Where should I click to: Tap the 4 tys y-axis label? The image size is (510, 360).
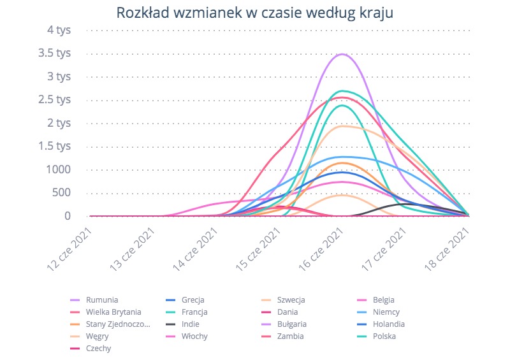point(59,29)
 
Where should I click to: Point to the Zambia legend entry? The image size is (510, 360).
point(291,336)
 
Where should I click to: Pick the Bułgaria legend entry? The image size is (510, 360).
point(295,324)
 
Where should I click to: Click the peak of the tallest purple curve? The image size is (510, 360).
point(342,54)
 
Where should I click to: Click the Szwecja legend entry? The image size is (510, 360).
point(293,300)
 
